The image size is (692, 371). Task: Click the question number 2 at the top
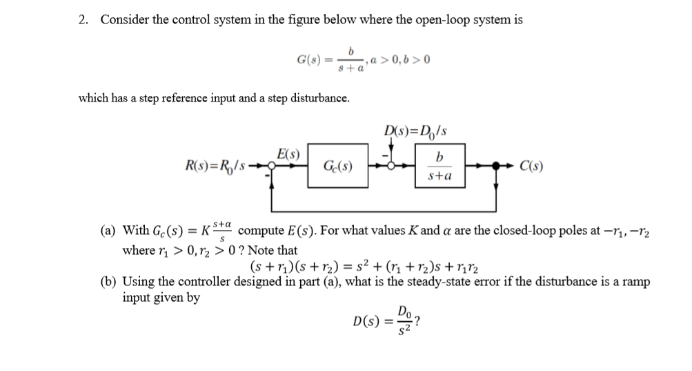coord(82,19)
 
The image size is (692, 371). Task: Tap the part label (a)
coord(110,230)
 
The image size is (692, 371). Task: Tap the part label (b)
coord(110,283)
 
